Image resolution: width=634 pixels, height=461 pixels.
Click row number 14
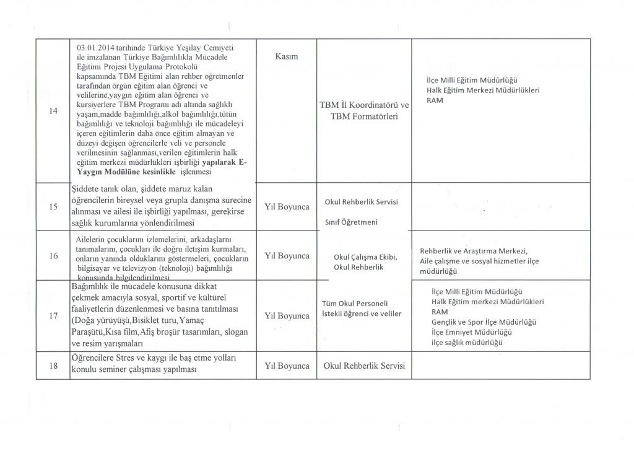click(53, 111)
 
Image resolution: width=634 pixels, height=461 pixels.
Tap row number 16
click(54, 255)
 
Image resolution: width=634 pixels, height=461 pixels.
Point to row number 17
click(54, 316)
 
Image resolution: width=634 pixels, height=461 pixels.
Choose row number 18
click(54, 366)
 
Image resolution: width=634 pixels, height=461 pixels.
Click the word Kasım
click(285, 56)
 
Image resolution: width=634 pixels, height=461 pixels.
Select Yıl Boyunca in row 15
click(287, 207)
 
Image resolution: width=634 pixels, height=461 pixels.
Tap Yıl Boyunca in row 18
click(287, 366)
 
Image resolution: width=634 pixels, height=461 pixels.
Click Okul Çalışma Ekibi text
click(365, 257)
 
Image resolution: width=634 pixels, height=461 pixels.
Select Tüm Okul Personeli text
click(355, 303)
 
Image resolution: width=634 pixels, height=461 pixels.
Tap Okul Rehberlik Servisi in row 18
click(364, 366)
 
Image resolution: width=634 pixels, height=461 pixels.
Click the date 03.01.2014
click(95, 47)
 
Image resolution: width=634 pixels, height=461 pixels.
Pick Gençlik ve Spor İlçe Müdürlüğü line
click(484, 322)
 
